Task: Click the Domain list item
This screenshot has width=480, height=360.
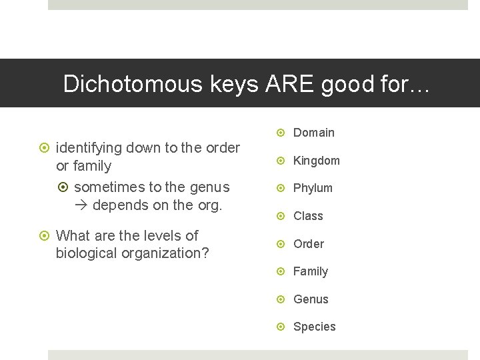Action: coord(314,133)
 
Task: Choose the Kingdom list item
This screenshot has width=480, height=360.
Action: coord(317,161)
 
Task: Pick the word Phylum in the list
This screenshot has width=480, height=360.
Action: coord(313,188)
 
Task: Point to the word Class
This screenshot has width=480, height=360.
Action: coord(308,216)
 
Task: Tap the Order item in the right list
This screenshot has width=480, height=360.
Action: coord(309,244)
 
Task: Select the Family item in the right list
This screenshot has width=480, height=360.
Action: coord(311,271)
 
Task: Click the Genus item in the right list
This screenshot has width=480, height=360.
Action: coord(311,299)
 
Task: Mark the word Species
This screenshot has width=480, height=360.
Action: coord(315,327)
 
